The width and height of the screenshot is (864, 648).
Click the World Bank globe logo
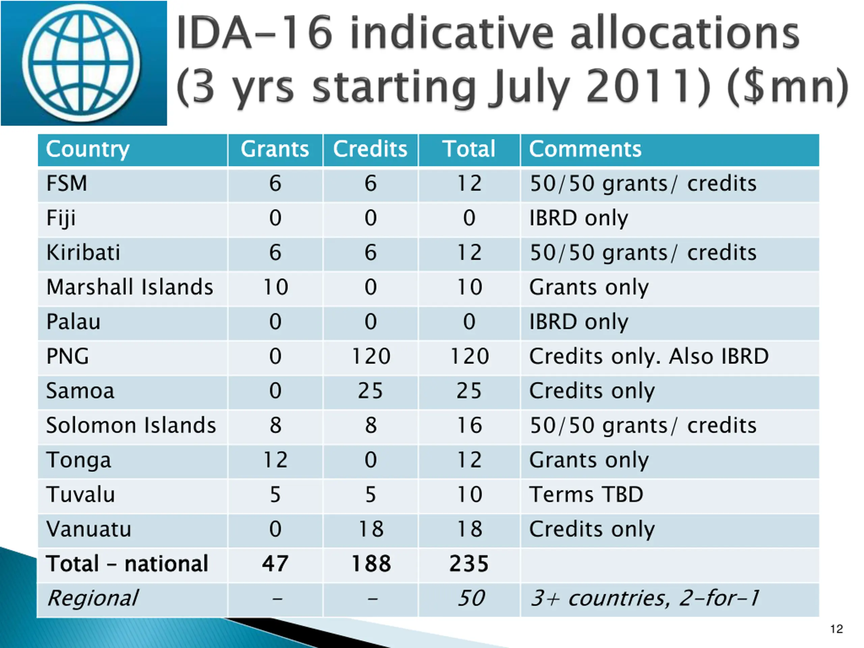click(x=81, y=62)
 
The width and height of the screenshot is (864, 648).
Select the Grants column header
click(x=275, y=149)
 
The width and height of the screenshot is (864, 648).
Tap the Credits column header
click(x=370, y=149)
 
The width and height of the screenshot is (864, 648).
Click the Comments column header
click(x=585, y=149)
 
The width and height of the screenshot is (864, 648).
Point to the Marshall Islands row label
click(x=129, y=287)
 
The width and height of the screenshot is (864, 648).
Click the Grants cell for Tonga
click(x=275, y=460)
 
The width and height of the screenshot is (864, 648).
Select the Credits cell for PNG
click(x=371, y=356)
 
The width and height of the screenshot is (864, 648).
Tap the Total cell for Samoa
click(x=469, y=391)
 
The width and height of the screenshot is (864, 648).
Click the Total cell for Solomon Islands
click(x=469, y=425)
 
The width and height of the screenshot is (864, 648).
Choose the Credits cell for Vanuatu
click(x=371, y=529)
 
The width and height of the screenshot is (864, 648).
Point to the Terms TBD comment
click(x=586, y=494)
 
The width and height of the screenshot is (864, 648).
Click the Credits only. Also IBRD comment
click(x=648, y=356)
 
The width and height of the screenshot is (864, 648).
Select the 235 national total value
click(x=469, y=564)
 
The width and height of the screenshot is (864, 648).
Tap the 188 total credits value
click(x=371, y=564)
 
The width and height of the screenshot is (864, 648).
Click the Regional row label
click(x=92, y=598)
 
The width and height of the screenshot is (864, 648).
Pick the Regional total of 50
click(x=471, y=598)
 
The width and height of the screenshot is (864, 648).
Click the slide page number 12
click(x=836, y=629)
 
